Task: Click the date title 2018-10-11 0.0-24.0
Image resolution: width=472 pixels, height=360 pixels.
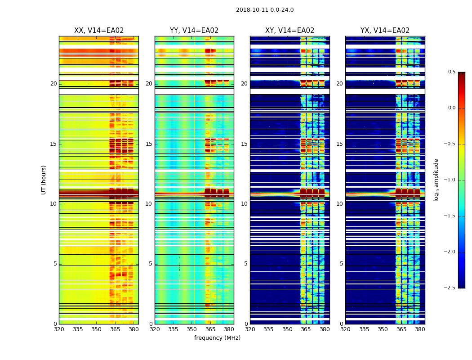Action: tap(265, 10)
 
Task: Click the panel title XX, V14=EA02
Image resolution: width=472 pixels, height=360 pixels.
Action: tap(99, 31)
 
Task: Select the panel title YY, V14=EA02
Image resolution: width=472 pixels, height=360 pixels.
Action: tap(194, 31)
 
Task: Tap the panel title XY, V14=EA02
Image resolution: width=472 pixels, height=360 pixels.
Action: tap(289, 31)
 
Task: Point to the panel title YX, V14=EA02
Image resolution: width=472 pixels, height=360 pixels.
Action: tap(385, 31)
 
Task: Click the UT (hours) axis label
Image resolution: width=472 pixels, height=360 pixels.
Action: tap(44, 180)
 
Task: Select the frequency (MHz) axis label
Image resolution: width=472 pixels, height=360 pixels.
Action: tap(217, 338)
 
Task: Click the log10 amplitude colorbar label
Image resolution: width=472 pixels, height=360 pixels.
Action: tap(436, 180)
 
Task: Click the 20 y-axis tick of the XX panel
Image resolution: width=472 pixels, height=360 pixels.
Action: tap(53, 84)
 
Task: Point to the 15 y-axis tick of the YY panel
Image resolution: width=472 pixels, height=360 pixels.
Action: tap(149, 144)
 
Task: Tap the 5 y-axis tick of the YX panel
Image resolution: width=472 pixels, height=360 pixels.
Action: tap(341, 264)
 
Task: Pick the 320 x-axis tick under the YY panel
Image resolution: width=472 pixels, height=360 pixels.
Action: tap(155, 329)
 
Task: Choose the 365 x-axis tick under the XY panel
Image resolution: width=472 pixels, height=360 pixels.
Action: tap(306, 329)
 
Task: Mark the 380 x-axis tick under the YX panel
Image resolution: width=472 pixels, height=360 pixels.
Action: tap(420, 329)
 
